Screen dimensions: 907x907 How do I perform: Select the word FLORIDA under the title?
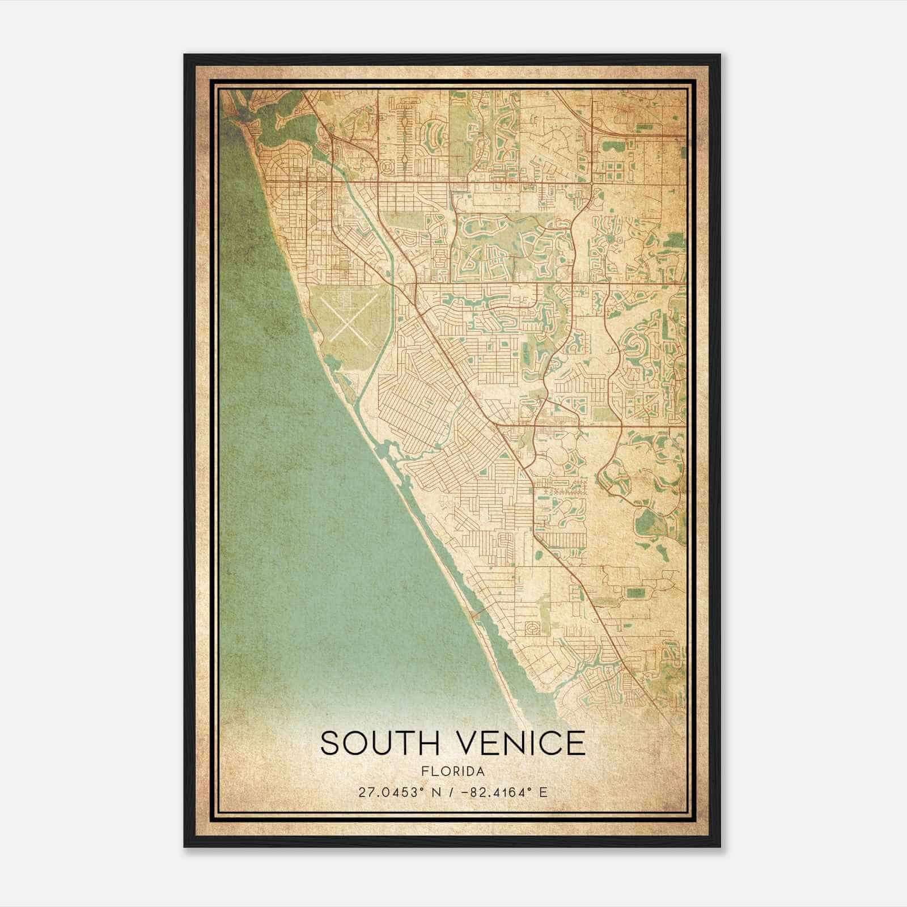pos(453,772)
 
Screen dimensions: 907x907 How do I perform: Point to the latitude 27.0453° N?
pos(392,792)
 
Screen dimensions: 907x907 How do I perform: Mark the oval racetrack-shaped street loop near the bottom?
pos(533,628)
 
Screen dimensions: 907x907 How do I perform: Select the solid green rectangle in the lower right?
pos(635,593)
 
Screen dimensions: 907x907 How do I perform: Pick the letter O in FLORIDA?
pos(443,772)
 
